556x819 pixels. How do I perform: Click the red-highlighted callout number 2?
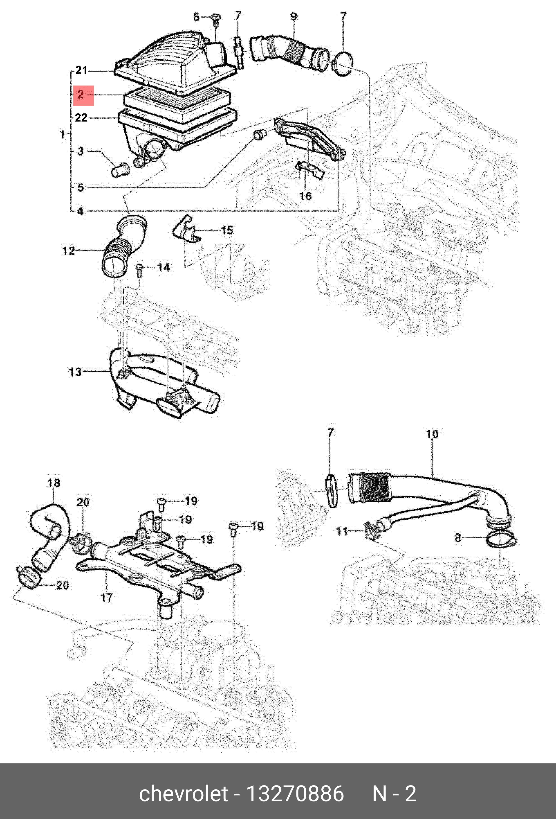[81, 95]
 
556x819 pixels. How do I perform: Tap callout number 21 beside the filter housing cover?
[81, 70]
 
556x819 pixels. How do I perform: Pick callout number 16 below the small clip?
[305, 196]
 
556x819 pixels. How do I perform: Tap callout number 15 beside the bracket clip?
[227, 230]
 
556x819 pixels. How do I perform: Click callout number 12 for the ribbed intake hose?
[68, 251]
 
